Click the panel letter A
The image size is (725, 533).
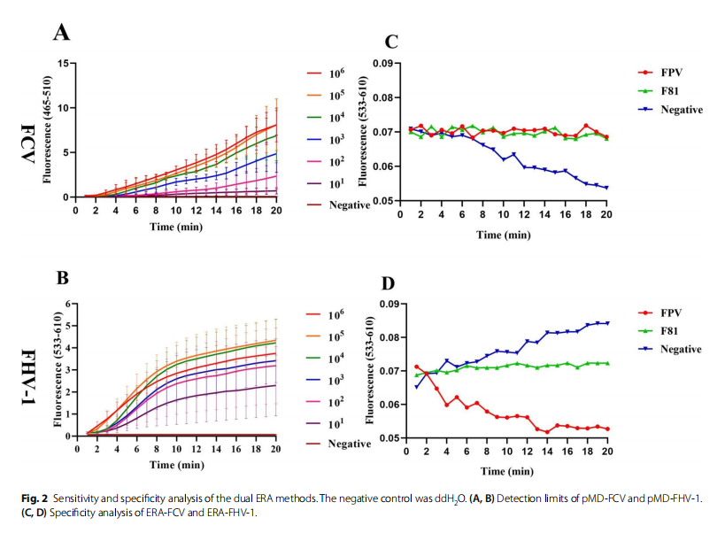coord(61,33)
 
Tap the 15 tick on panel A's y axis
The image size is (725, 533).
coord(64,64)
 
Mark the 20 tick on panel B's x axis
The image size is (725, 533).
coord(277,448)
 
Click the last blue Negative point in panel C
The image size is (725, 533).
coord(605,188)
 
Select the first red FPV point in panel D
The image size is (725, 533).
coord(417,367)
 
